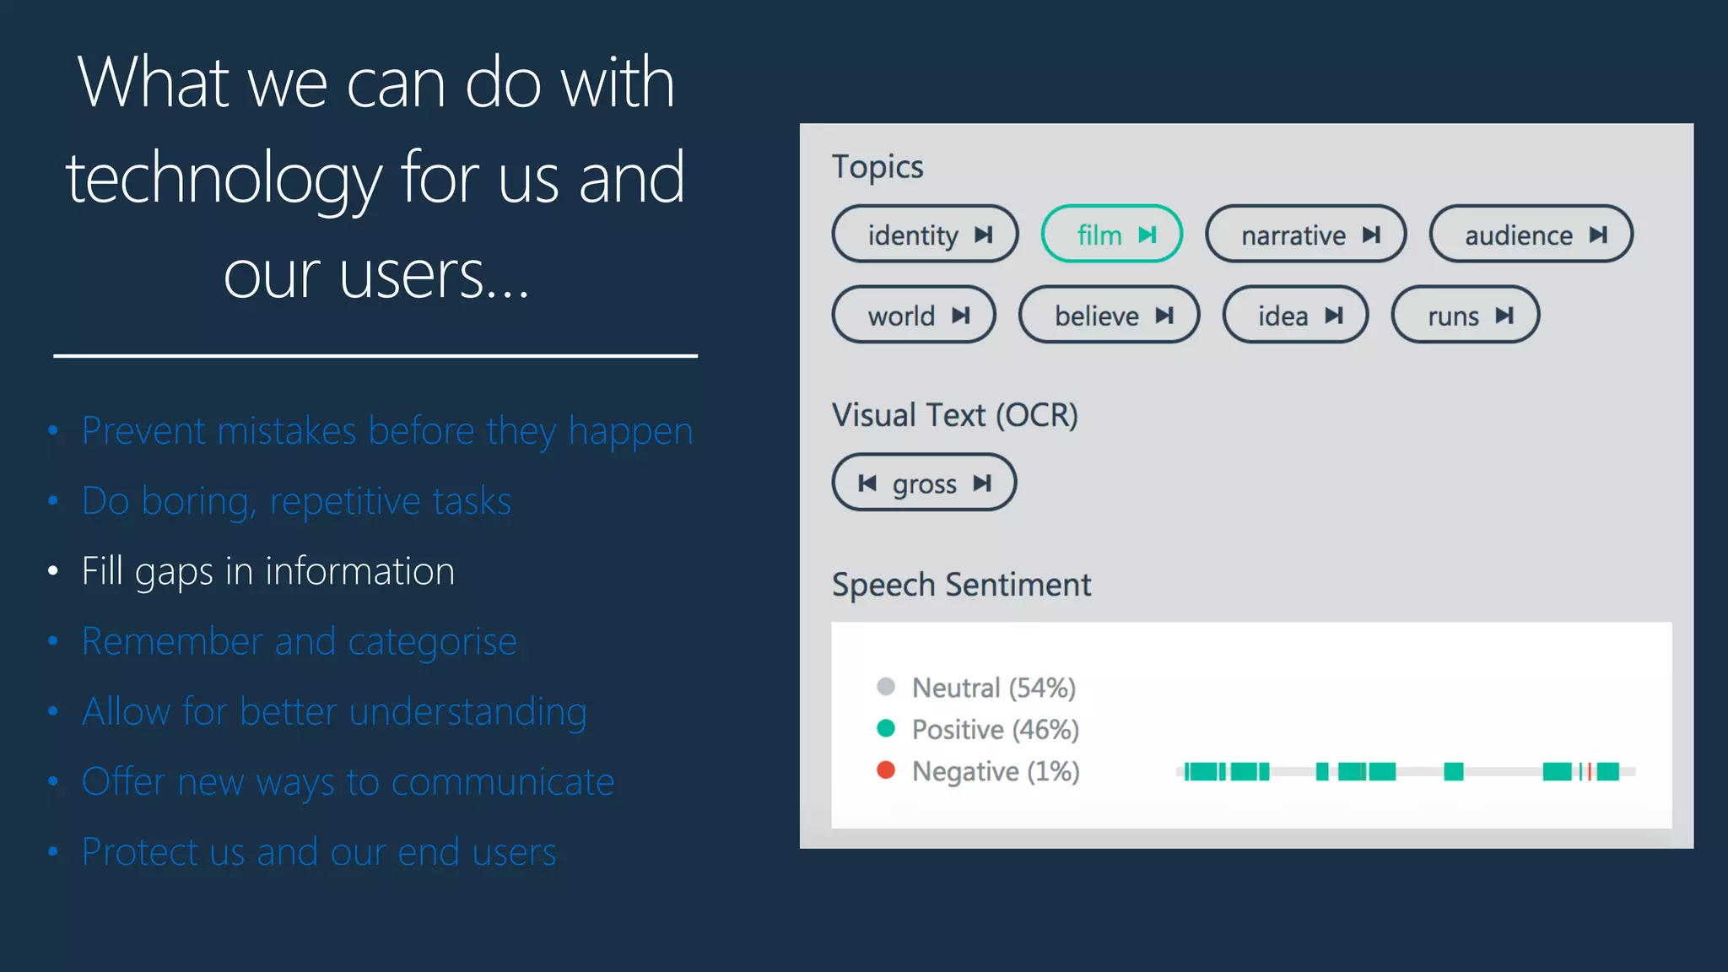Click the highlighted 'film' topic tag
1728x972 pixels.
[1110, 235]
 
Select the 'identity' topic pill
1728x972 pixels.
[924, 235]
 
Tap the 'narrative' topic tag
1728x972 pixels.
[1304, 235]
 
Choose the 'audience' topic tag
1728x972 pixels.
[1530, 235]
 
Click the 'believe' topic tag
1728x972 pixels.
[1108, 316]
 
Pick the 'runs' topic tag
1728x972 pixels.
[1464, 316]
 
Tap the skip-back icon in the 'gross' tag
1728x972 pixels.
[867, 483]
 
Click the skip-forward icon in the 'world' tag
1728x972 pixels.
[960, 316]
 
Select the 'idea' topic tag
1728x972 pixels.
[1294, 316]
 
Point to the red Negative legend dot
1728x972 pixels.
[885, 769]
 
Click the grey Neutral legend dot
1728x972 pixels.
[885, 686]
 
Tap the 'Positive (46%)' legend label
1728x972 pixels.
[995, 729]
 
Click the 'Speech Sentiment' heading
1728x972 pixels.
[961, 585]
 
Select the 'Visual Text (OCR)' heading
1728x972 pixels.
[954, 415]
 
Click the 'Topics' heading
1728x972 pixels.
[877, 166]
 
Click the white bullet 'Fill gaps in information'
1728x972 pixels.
[267, 571]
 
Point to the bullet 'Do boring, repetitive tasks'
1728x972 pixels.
[295, 501]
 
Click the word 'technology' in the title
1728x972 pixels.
[224, 178]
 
